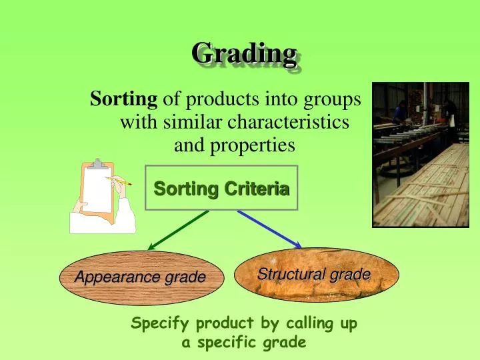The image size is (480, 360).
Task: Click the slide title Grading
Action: (x=244, y=53)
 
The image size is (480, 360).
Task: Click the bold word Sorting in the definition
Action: (x=124, y=100)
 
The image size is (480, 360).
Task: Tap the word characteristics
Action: (x=289, y=123)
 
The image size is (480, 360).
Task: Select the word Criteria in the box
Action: (x=257, y=189)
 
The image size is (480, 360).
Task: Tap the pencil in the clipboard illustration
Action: (x=118, y=179)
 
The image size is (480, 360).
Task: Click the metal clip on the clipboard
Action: (x=98, y=164)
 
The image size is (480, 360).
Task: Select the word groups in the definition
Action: (x=333, y=100)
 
